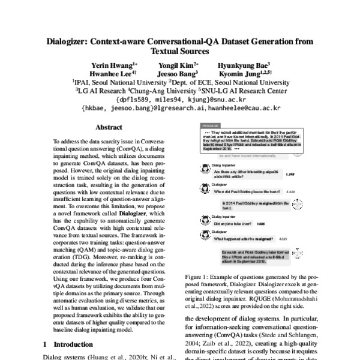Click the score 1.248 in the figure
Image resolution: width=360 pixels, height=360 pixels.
pyautogui.click(x=290, y=173)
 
